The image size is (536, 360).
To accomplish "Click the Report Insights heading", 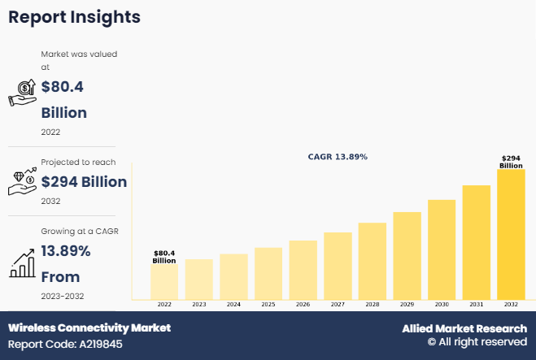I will pyautogui.click(x=74, y=17).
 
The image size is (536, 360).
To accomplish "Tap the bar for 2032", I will pyautogui.click(x=511, y=234).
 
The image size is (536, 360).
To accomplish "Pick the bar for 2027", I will pyautogui.click(x=338, y=266).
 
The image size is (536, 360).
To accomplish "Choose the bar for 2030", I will pyautogui.click(x=442, y=249).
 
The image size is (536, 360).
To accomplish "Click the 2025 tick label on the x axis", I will pyautogui.click(x=268, y=304).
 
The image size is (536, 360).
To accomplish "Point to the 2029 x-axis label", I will pyautogui.click(x=407, y=304).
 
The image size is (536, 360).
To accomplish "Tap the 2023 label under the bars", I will pyautogui.click(x=199, y=304).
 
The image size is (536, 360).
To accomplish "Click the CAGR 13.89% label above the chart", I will pyautogui.click(x=338, y=156).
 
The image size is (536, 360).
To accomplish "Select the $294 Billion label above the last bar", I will pyautogui.click(x=511, y=161).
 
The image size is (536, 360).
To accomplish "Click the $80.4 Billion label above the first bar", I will pyautogui.click(x=164, y=257).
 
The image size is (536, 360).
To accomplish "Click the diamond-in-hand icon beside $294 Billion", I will pyautogui.click(x=22, y=182).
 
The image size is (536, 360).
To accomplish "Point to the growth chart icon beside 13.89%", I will pyautogui.click(x=22, y=262).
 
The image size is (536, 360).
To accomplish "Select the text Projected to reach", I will pyautogui.click(x=78, y=163).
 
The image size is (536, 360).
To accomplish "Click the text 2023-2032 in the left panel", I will pyautogui.click(x=63, y=296).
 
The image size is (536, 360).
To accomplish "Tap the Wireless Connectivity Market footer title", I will pyautogui.click(x=89, y=327).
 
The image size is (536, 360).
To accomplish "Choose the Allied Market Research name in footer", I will pyautogui.click(x=464, y=328).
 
